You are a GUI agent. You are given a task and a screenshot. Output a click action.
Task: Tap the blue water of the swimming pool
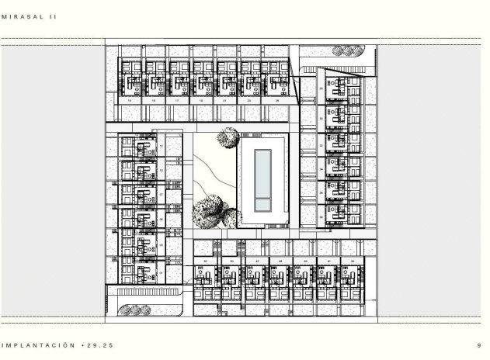click(263, 173)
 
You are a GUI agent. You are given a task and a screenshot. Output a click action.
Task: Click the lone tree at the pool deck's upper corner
click(228, 138)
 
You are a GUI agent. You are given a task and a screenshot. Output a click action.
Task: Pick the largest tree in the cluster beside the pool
click(208, 211)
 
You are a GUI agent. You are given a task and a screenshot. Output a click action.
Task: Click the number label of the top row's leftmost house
click(129, 101)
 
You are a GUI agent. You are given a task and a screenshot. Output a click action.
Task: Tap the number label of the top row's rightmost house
click(278, 101)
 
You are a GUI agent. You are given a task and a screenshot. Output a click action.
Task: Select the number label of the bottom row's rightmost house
click(354, 261)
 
